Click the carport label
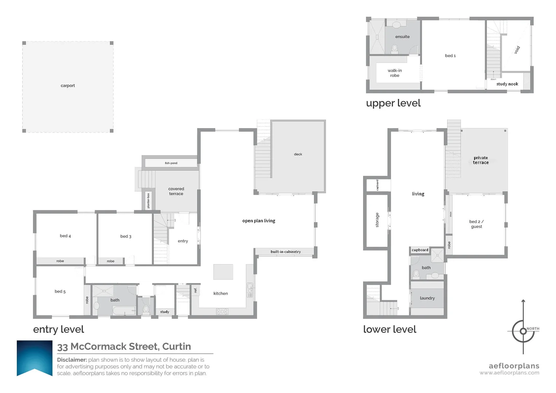click(x=68, y=86)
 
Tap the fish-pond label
click(x=171, y=163)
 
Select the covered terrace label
click(x=176, y=191)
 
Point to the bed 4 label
click(x=65, y=236)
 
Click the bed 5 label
click(x=60, y=291)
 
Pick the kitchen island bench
click(x=223, y=272)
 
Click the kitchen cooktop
click(x=222, y=311)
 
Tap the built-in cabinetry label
click(x=285, y=252)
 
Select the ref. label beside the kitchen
click(x=196, y=290)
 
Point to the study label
click(x=165, y=312)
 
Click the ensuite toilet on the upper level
click(x=394, y=48)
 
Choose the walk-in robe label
click(x=395, y=73)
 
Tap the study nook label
click(x=507, y=84)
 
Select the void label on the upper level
click(x=517, y=50)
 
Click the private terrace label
click(x=481, y=160)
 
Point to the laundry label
click(x=427, y=298)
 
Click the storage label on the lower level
click(x=377, y=220)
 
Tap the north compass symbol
click(x=523, y=330)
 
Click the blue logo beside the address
click(x=35, y=358)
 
